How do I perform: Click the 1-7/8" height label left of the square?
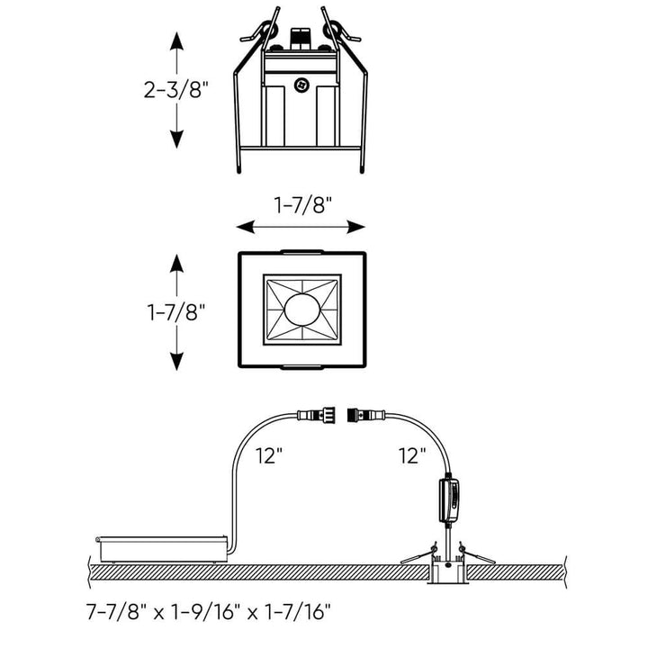click(176, 312)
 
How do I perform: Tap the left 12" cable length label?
click(268, 456)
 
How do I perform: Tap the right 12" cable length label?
click(410, 456)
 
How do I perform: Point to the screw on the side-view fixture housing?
click(301, 85)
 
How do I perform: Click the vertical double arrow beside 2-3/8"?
click(177, 89)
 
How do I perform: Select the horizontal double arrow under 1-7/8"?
click(301, 228)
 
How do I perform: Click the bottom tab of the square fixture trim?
click(301, 367)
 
